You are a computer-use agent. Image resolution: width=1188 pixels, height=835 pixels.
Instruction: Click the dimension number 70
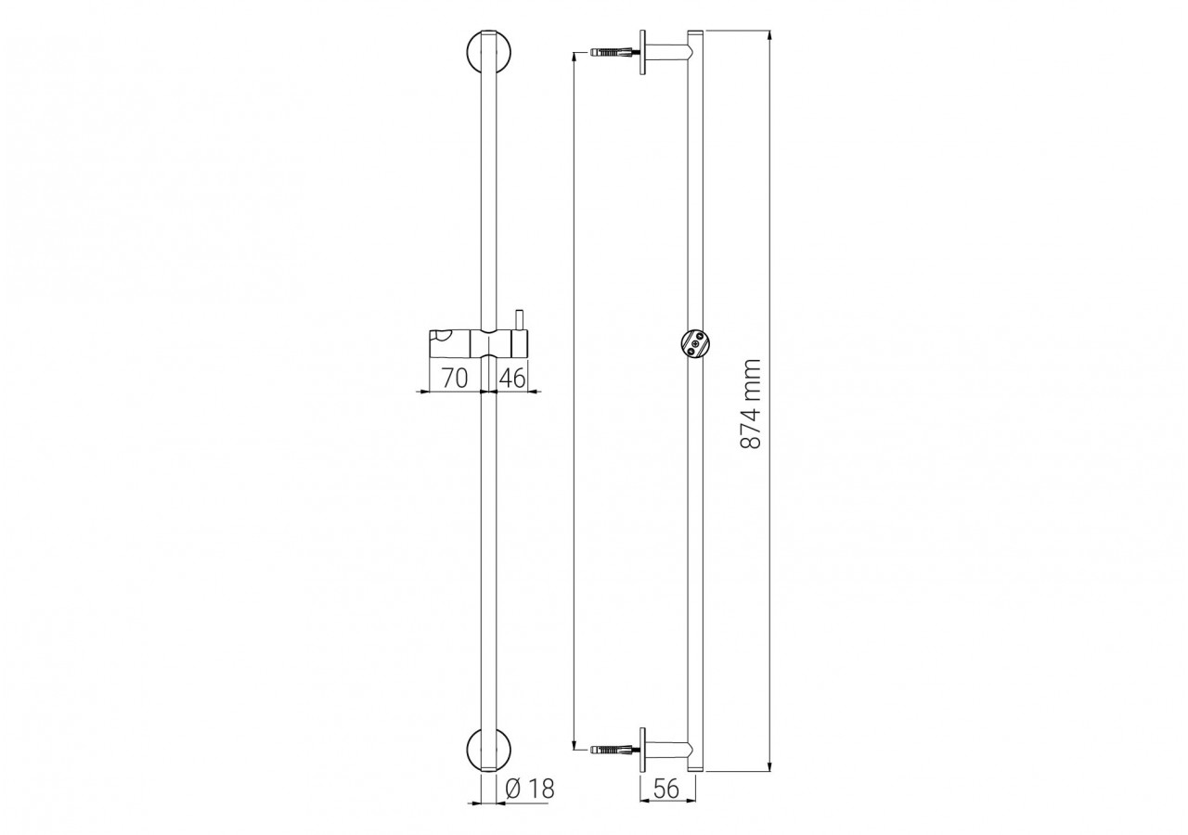453,378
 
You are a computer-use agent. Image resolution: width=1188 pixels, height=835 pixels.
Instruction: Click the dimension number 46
512,378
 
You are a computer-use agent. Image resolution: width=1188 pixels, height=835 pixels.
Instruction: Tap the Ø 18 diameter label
531,790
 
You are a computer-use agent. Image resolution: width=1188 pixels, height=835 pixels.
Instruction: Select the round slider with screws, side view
693,344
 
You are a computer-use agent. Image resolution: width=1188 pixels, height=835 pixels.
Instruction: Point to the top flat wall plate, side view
641,53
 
